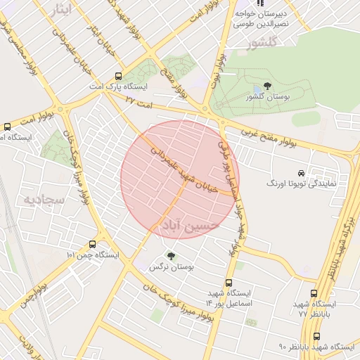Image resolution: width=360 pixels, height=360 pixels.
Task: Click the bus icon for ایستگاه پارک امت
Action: [x=117, y=76]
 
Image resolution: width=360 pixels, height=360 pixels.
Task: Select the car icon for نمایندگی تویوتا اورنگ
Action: [x=301, y=173]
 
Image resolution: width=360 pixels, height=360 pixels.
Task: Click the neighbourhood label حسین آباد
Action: [x=192, y=225]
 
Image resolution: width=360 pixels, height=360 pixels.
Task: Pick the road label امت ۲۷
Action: [x=139, y=101]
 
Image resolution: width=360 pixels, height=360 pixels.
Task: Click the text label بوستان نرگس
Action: [x=171, y=268]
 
